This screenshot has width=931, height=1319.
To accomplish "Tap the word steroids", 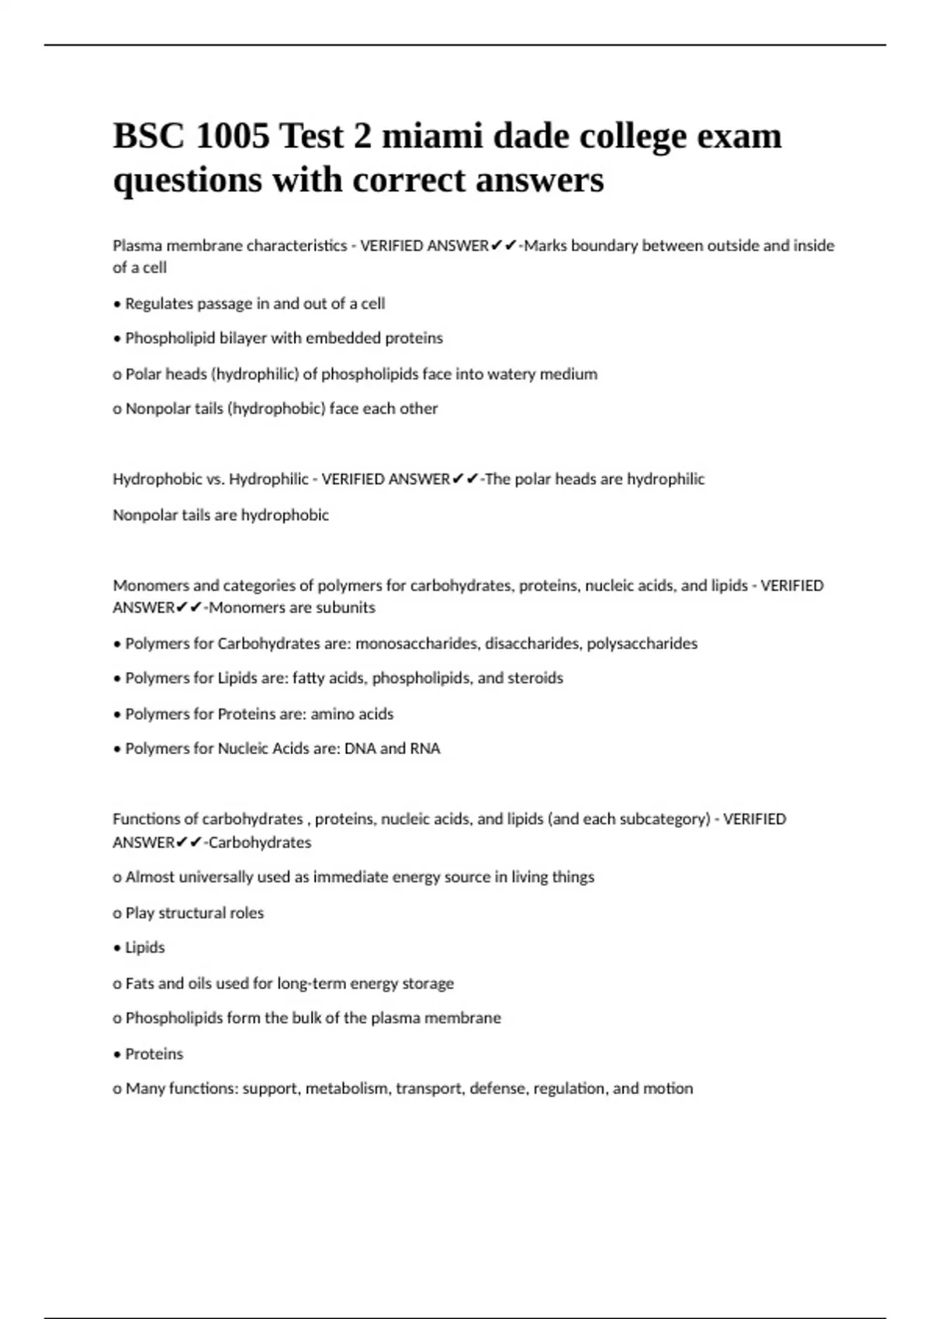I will coord(535,678).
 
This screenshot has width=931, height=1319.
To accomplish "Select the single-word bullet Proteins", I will coord(154,1054).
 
